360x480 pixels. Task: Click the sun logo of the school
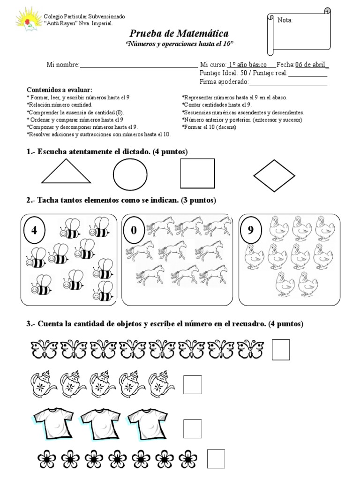click(x=29, y=20)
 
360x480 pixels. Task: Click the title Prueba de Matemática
click(x=179, y=34)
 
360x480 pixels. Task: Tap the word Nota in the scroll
click(x=285, y=20)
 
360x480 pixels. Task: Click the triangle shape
click(x=66, y=172)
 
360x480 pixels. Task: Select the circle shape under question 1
click(x=130, y=175)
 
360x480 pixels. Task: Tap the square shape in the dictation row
click(x=197, y=173)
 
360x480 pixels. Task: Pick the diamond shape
click(x=274, y=176)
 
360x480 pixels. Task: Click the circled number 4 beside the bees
click(x=34, y=231)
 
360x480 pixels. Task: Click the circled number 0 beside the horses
click(x=134, y=231)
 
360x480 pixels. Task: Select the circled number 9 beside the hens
click(x=250, y=230)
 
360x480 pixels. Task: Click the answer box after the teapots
click(x=192, y=385)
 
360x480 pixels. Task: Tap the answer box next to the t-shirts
click(x=192, y=428)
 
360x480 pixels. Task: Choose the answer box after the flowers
click(x=216, y=458)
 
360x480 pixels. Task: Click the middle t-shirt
click(x=99, y=424)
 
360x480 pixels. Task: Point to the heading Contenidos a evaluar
click(x=60, y=90)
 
